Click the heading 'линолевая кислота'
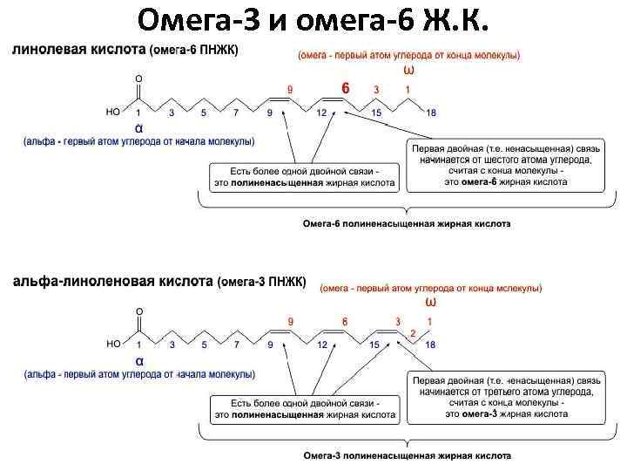coord(78,50)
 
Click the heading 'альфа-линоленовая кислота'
coord(112,282)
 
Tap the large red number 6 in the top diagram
coord(345,89)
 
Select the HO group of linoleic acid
coord(112,113)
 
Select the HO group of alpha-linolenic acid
coord(113,345)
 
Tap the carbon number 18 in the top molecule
coord(430,113)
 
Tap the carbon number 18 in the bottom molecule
coord(430,345)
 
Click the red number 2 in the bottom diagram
coord(413,332)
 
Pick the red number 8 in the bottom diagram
coord(345,322)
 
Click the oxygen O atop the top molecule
coord(138,78)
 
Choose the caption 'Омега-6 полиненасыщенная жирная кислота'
coord(406,223)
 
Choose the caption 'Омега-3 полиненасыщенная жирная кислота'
coord(406,455)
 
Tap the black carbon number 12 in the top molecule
coord(322,113)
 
